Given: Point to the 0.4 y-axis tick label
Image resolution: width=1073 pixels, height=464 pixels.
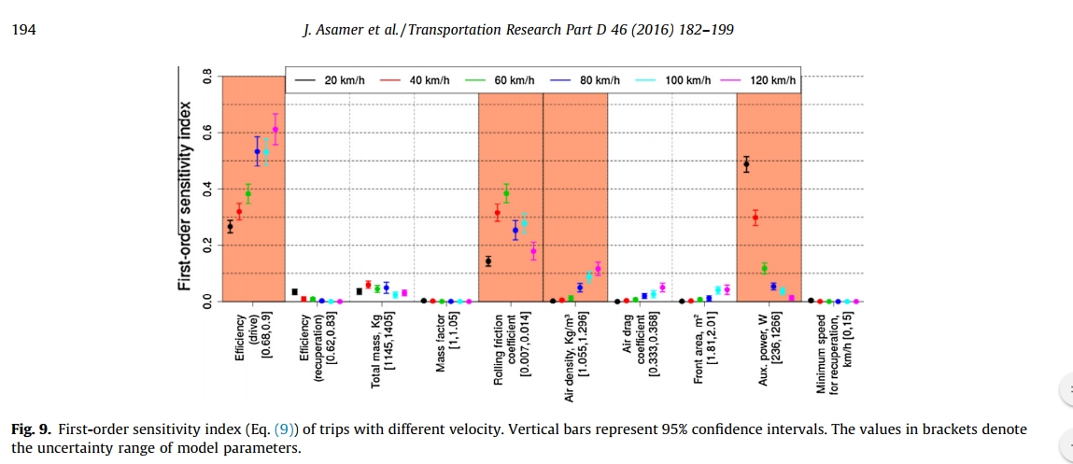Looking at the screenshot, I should (208, 189).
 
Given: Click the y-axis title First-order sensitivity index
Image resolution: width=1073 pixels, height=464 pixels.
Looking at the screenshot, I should (186, 181).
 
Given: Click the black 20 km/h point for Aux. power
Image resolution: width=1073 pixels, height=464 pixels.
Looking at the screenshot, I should (746, 164).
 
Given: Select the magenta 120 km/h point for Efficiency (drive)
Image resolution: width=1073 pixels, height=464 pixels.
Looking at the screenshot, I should (275, 130).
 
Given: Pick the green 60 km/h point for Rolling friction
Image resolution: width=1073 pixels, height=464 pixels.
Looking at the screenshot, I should (506, 194).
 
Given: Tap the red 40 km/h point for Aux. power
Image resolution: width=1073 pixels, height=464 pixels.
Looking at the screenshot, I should (755, 218).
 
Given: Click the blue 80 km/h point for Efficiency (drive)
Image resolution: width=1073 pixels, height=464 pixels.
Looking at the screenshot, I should (257, 151).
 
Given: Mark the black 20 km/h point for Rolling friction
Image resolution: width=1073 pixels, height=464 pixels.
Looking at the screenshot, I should (487, 261).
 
